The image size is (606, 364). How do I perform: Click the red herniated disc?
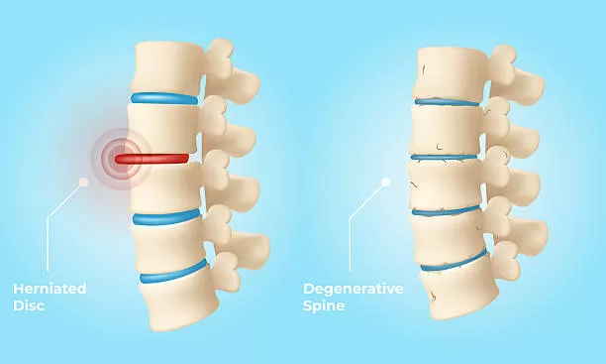coord(151,158)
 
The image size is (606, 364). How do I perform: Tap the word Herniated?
coord(50,289)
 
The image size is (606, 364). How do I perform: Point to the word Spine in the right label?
coord(325,305)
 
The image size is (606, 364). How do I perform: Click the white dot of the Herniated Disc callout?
coord(83,182)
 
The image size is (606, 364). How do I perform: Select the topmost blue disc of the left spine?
coord(164,98)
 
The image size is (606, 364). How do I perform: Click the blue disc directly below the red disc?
coord(165,217)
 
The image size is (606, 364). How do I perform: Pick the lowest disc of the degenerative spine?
coord(454,262)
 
